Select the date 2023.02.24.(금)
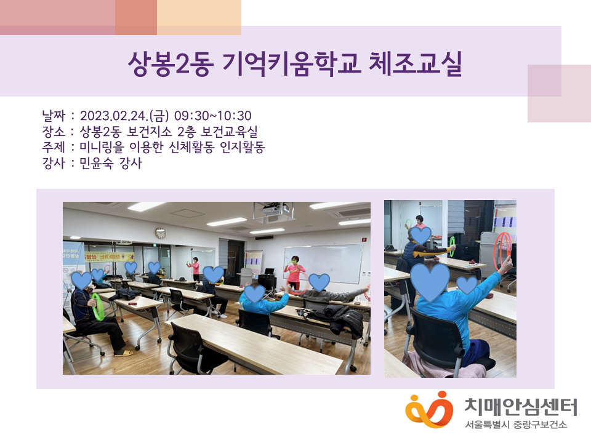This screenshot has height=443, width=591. (x=124, y=116)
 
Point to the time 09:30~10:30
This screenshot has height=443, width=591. (x=212, y=116)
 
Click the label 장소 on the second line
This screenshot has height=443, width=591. (x=54, y=132)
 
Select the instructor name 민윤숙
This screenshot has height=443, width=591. (x=96, y=163)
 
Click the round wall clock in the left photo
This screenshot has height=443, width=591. (x=161, y=233)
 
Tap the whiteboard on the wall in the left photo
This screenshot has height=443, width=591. (x=323, y=262)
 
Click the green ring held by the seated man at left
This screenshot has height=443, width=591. (x=98, y=306)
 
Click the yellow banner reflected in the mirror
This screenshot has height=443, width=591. (x=109, y=257)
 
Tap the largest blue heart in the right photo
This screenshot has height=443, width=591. (x=430, y=282)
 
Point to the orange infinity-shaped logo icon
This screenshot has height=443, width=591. (x=428, y=410)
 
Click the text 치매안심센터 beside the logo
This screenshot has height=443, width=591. (x=521, y=407)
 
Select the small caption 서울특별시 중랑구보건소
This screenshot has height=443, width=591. (x=516, y=425)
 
